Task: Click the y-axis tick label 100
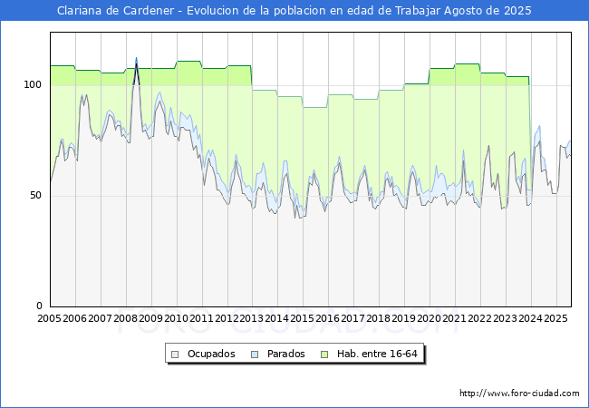33,84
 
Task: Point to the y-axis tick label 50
35,195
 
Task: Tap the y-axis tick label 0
39,306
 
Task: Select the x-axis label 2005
49,318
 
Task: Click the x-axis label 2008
125,318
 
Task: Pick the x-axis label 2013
252,318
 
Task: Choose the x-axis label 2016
327,318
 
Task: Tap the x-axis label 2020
429,318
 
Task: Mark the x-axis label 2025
555,318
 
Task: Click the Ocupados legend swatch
175,355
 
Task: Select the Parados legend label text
285,354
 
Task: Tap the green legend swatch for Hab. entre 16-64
324,355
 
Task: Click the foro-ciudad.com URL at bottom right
519,393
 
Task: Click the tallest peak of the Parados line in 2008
136,58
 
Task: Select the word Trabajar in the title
418,11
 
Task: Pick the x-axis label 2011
201,318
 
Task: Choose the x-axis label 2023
505,318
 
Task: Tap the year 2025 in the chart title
517,11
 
